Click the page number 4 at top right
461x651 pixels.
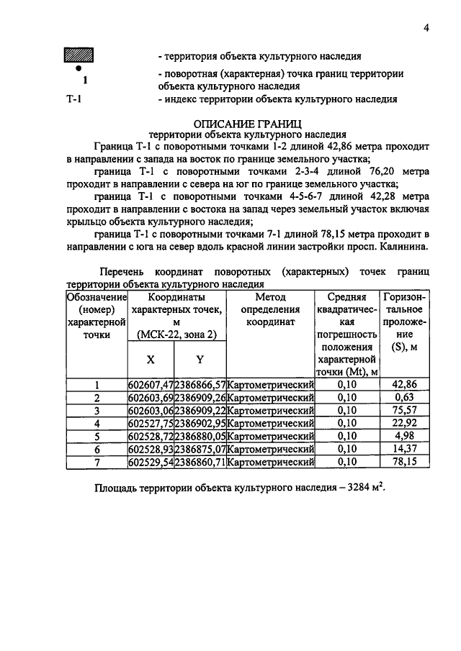tap(426, 28)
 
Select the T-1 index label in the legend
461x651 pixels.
tap(73, 99)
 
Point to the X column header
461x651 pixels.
tap(150, 358)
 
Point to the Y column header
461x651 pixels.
tap(199, 358)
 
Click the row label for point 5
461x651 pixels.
tap(96, 436)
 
